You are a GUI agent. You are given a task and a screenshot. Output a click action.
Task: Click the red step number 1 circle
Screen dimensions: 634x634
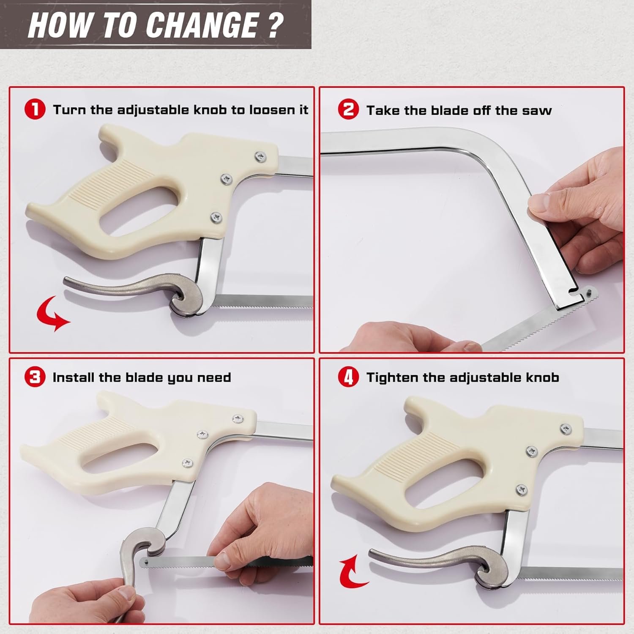point(35,109)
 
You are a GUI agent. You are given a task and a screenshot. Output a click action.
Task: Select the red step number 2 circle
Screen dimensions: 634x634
point(348,109)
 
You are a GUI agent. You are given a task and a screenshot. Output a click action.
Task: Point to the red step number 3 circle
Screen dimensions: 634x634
point(35,377)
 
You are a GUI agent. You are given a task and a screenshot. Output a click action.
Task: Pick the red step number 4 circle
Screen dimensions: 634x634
point(348,377)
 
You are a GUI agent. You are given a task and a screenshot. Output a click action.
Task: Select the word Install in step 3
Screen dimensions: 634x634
point(74,377)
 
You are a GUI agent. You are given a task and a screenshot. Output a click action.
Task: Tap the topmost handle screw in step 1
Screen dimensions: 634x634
point(260,157)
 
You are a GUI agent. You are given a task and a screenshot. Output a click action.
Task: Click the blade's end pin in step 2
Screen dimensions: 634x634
point(589,290)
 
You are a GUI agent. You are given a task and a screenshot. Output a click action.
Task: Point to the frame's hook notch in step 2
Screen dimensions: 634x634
point(573,290)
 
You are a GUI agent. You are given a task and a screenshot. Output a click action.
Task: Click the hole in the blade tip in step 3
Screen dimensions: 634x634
point(145,562)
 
